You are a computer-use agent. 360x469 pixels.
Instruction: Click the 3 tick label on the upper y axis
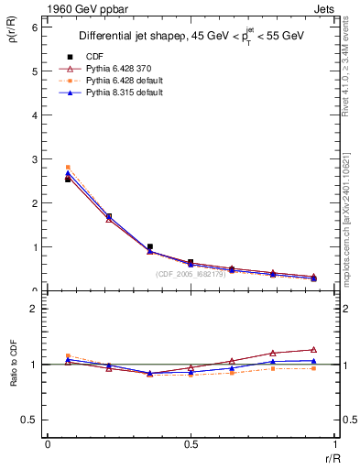pyautogui.click(x=34, y=159)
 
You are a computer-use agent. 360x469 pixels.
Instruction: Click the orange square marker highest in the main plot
pyautogui.click(x=68, y=168)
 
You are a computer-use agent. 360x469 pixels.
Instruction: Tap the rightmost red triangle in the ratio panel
pyautogui.click(x=313, y=349)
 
